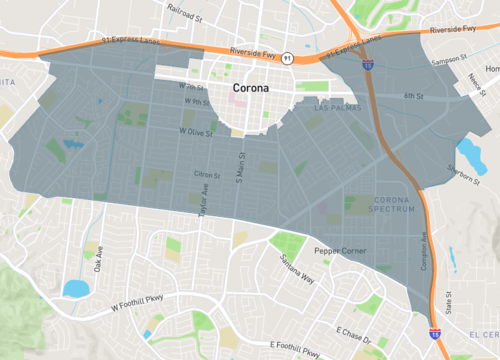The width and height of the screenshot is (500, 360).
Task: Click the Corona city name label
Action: coord(250,88)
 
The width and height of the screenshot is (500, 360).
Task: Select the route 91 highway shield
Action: coord(286,58)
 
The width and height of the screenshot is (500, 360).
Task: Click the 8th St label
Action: coord(414,95)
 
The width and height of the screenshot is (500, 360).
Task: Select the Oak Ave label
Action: coord(98,262)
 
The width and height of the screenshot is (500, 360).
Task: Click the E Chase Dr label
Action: coord(354,332)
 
